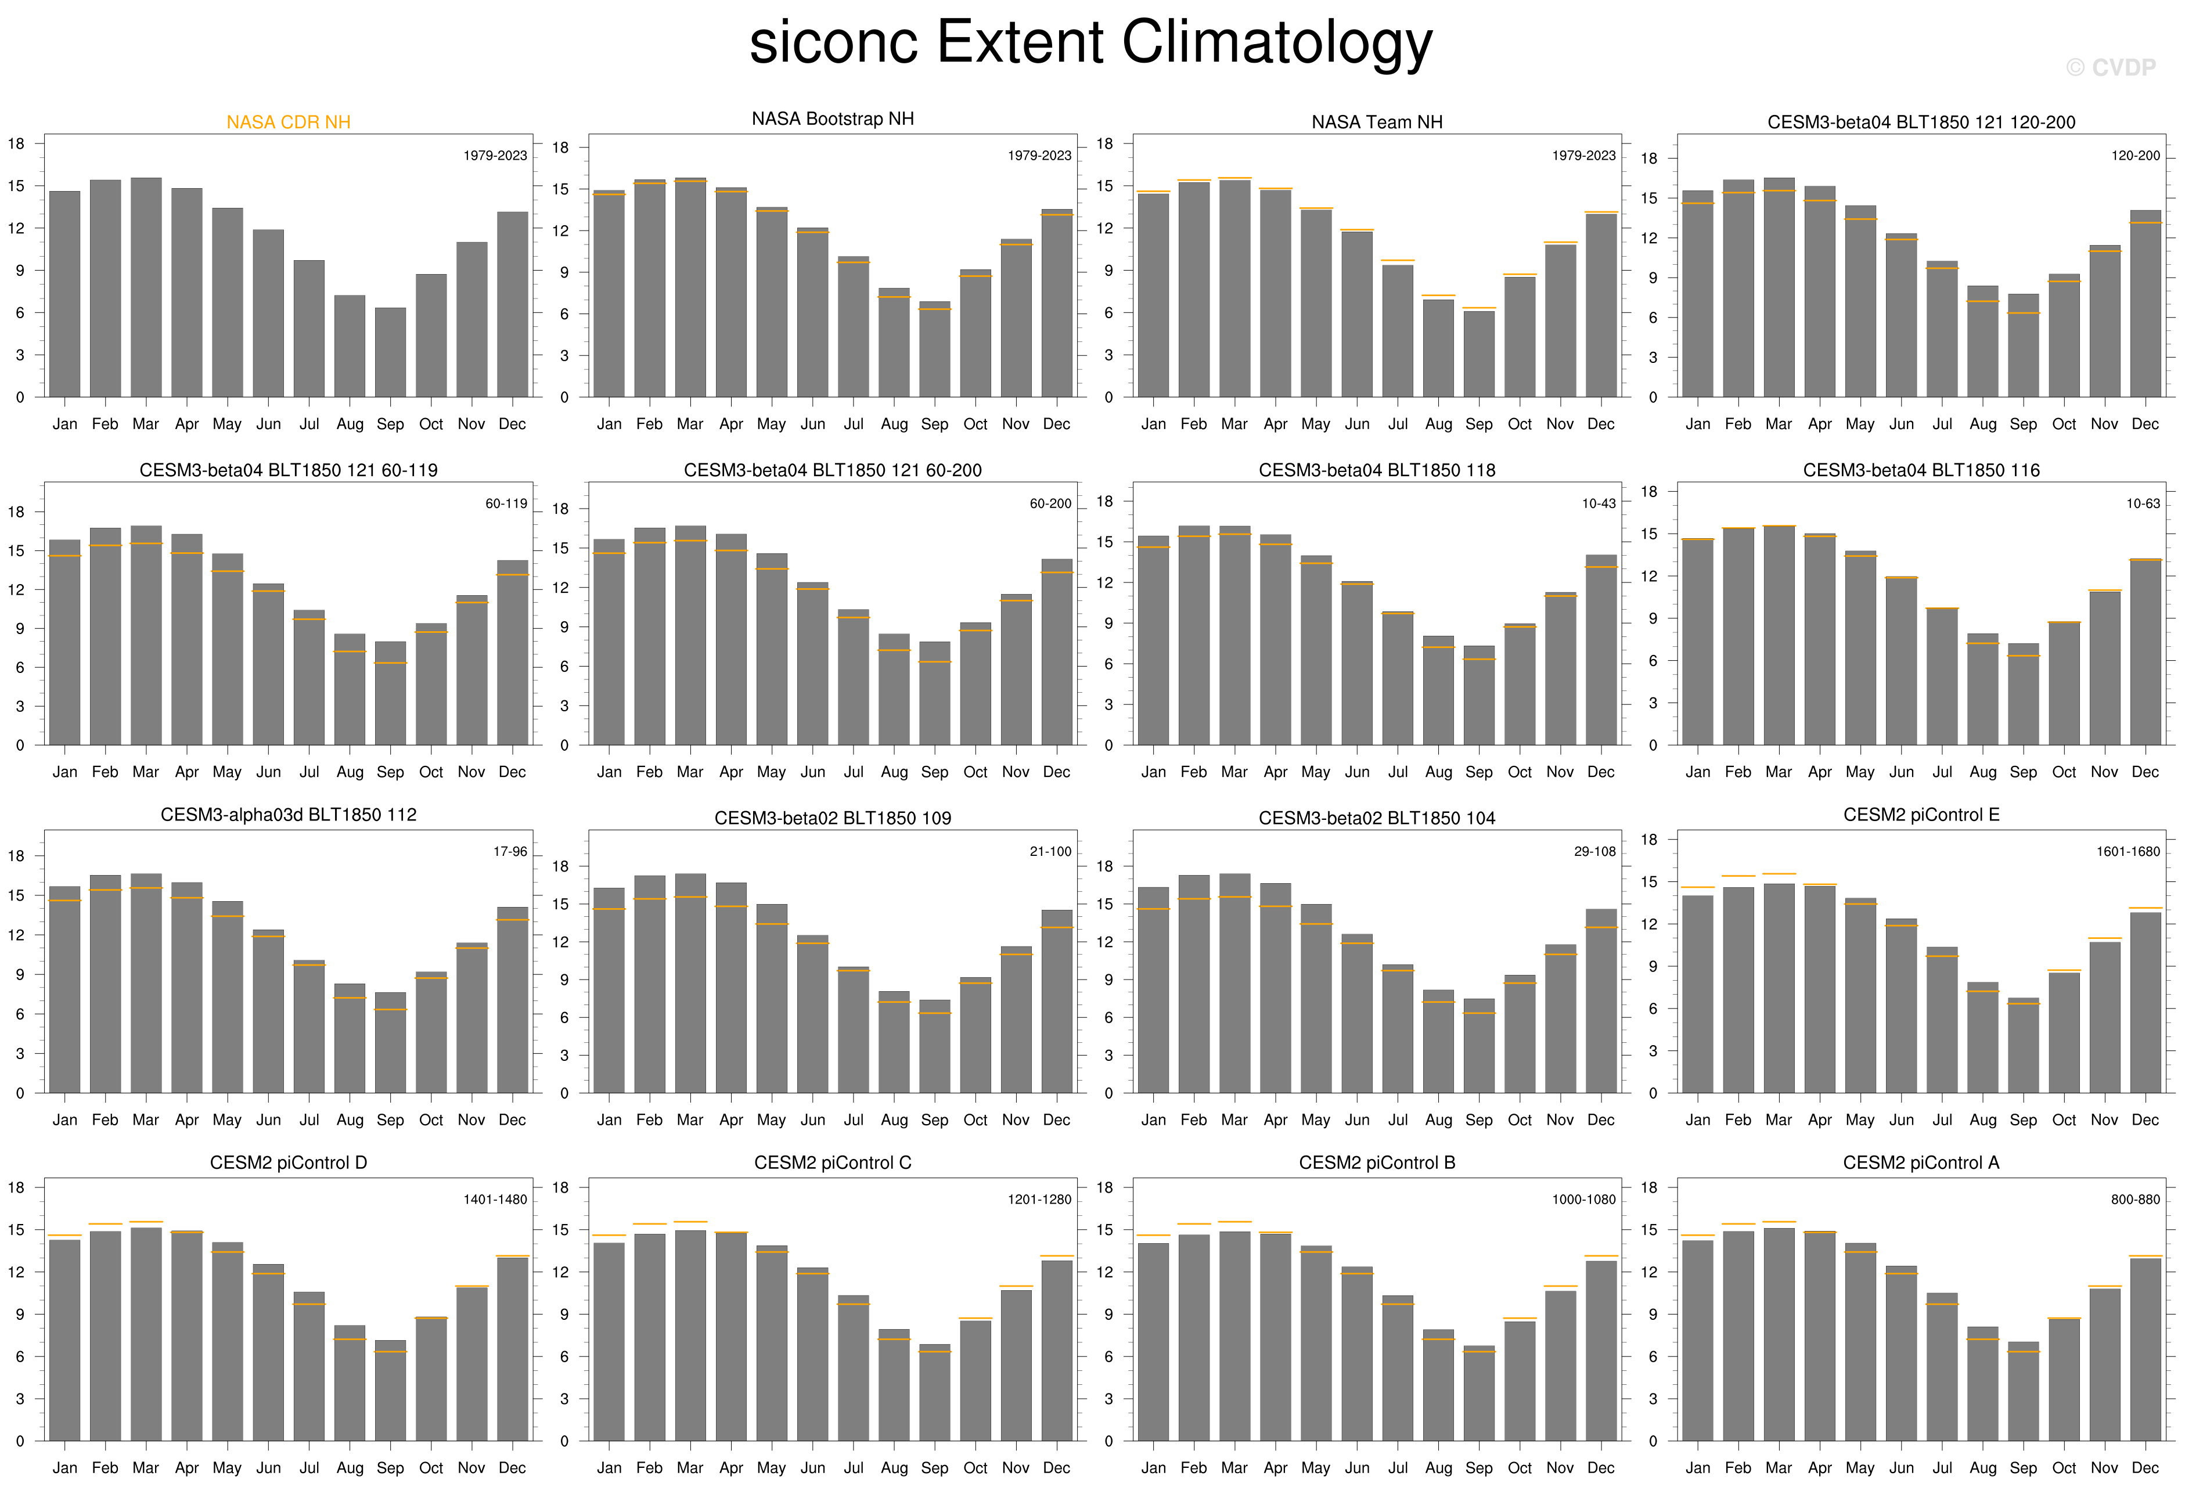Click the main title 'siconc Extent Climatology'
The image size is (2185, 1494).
(x=1090, y=42)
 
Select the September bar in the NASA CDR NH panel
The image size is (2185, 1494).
(x=390, y=352)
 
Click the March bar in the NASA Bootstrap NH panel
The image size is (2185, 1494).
(x=690, y=287)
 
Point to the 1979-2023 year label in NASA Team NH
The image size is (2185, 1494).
(x=1583, y=155)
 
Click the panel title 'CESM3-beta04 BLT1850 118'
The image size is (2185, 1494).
(x=1376, y=470)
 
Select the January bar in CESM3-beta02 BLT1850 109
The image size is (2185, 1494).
(x=609, y=990)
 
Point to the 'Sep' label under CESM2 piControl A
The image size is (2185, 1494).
(x=2023, y=1468)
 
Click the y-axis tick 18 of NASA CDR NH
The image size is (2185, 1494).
(x=17, y=144)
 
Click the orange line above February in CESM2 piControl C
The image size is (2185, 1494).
(x=650, y=1224)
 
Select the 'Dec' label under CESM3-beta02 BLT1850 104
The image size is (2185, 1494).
(x=1600, y=1120)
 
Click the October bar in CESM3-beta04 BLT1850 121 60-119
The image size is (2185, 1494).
(x=431, y=685)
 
